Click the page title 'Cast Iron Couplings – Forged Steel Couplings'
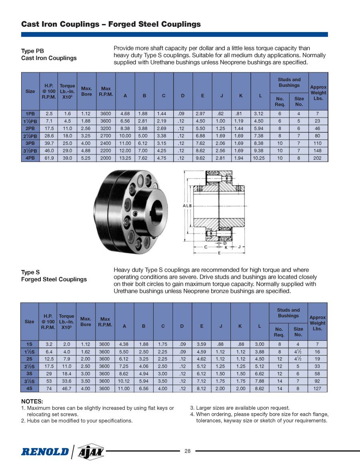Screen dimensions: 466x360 tap(111, 24)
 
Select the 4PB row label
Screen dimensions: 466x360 tap(30, 158)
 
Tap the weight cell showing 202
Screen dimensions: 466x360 tap(318, 158)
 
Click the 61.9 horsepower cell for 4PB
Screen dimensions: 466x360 tap(49, 158)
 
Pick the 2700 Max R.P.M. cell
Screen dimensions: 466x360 tap(106, 136)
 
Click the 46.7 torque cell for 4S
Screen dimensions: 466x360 tap(66, 388)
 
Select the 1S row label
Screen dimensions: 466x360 tap(30, 344)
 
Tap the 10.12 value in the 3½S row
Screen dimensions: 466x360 tap(124, 381)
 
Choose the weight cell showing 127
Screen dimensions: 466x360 tap(318, 388)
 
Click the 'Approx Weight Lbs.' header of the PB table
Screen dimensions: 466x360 tap(318, 92)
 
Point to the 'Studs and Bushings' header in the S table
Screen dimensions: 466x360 tap(288, 313)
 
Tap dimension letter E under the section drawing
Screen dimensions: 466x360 tap(219, 253)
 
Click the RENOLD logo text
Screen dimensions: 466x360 tap(45, 452)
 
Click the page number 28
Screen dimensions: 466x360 tap(188, 451)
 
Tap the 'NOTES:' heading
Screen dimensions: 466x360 tap(32, 401)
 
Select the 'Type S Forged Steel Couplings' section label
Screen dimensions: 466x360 tap(54, 276)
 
